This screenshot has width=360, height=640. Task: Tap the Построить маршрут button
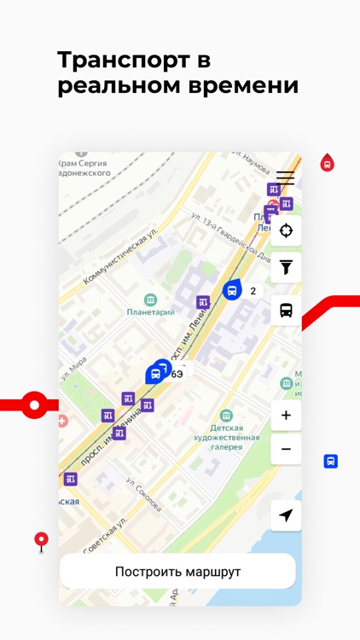click(x=177, y=572)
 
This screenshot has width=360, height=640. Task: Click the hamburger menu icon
click(x=285, y=178)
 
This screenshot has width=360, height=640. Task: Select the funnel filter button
click(x=286, y=268)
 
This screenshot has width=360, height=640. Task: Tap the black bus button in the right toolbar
click(x=286, y=311)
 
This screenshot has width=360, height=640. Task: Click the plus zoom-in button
click(x=286, y=416)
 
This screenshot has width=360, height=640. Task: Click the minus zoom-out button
click(x=286, y=449)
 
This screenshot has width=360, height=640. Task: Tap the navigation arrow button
click(x=286, y=515)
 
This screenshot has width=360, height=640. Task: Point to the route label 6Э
click(x=177, y=375)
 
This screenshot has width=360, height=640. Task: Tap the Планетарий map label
click(x=151, y=311)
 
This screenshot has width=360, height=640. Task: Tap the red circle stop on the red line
click(x=34, y=404)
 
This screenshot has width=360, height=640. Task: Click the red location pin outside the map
click(x=41, y=539)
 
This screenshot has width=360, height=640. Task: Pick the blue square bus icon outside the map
click(x=331, y=461)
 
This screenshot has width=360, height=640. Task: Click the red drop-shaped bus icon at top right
click(x=327, y=162)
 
